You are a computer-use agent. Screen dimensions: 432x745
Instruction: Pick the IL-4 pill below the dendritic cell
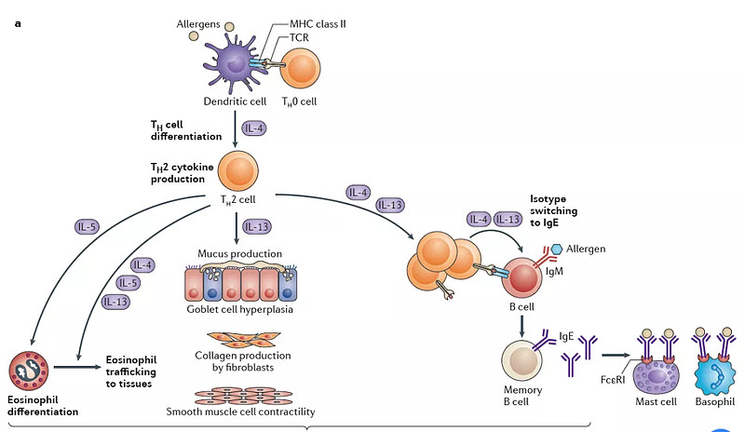coord(257,128)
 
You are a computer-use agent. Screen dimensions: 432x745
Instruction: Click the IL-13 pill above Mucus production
coord(258,225)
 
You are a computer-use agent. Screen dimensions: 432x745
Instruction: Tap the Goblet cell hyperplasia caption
coord(239,309)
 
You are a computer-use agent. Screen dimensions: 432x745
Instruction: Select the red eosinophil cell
coord(30,370)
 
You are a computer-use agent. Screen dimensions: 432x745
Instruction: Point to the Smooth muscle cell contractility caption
coord(239,412)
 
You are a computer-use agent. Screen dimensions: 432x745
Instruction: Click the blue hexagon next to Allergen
coord(558,249)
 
